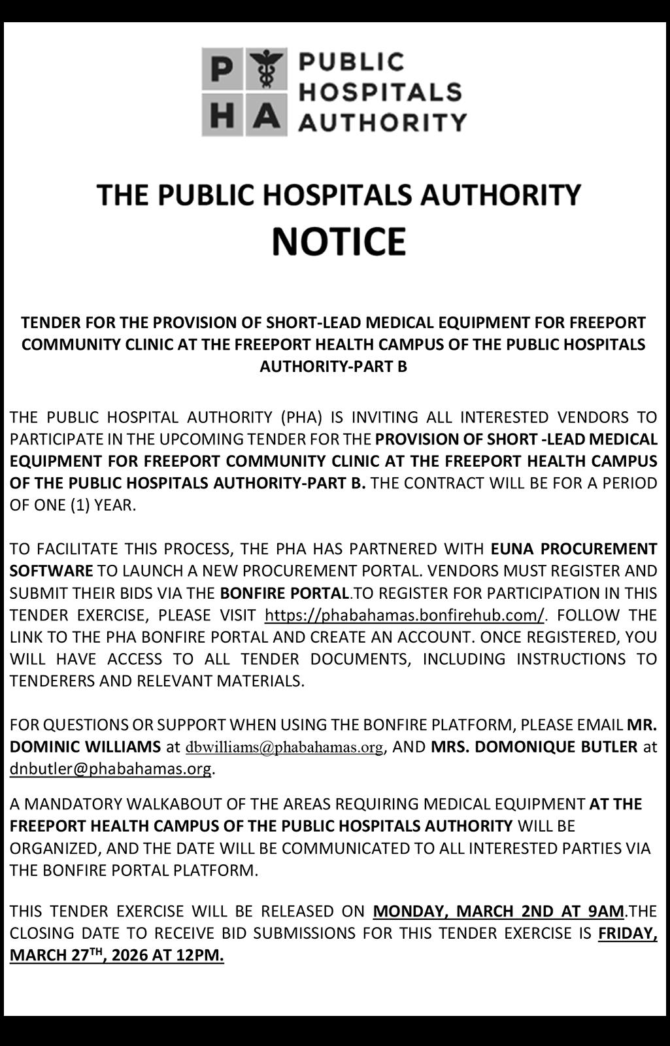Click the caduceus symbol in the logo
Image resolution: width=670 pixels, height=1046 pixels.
click(266, 69)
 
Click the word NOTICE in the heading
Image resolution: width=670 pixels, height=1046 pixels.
click(339, 241)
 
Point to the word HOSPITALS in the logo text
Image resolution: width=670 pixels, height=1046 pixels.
click(380, 92)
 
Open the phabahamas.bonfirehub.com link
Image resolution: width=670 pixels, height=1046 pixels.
click(404, 615)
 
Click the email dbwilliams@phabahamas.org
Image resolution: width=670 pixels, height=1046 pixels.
click(284, 747)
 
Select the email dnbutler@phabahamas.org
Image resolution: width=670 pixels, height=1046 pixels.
click(110, 769)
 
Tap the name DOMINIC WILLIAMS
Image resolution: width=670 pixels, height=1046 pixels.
click(85, 747)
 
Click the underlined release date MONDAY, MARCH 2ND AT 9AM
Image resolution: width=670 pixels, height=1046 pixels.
click(498, 911)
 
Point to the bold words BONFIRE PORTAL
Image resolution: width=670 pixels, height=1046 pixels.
click(284, 594)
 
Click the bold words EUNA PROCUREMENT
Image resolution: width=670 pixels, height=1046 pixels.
click(573, 548)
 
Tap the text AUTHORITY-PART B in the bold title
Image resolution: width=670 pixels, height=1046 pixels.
click(333, 366)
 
